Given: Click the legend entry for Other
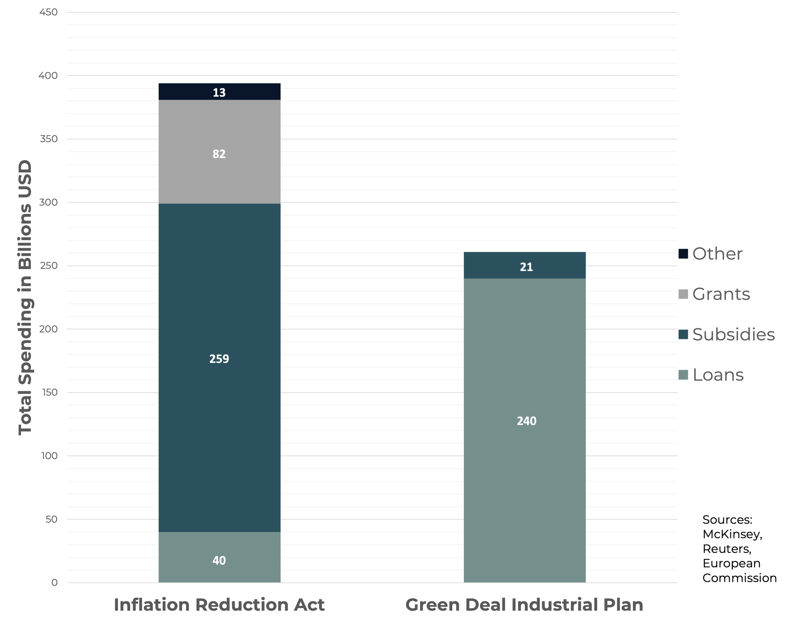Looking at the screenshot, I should click(717, 254).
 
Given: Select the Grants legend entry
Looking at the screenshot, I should click(720, 294).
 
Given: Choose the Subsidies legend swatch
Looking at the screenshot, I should click(683, 334).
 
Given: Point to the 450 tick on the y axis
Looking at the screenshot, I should click(48, 12).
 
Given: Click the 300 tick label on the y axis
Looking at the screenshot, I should click(48, 202).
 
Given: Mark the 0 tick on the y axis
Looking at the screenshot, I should click(54, 582).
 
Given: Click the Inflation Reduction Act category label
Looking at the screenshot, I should click(219, 605).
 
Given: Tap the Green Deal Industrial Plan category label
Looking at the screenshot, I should click(524, 605).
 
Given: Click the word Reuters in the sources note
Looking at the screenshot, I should click(726, 549).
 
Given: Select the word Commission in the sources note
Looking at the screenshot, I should click(739, 578).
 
